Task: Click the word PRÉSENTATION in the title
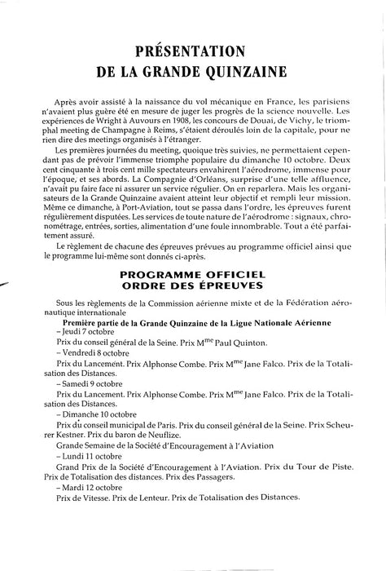(x=192, y=38)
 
